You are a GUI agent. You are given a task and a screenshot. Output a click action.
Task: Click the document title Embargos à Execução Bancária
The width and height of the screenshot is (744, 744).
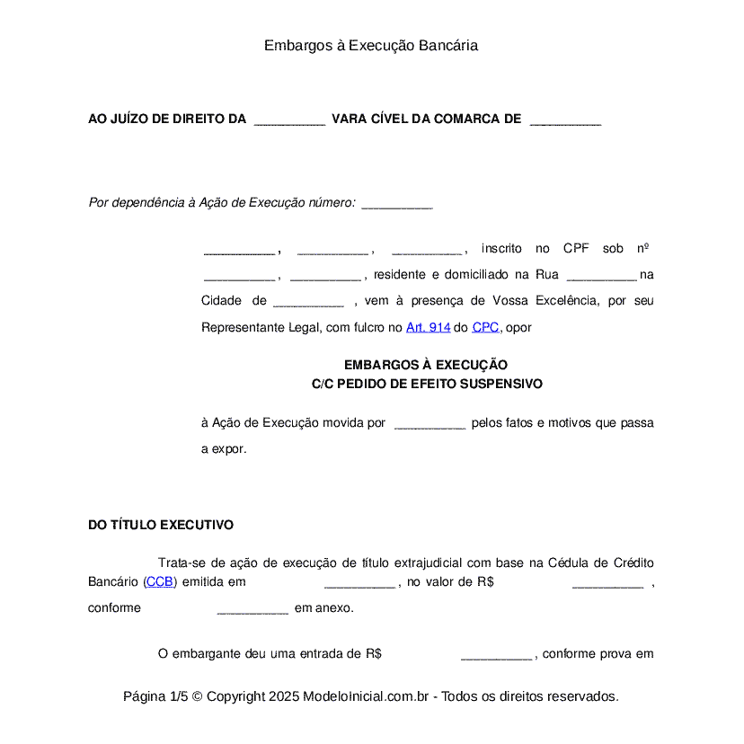click(371, 45)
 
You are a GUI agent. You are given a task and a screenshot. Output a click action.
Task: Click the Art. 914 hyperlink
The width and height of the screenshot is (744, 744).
click(428, 328)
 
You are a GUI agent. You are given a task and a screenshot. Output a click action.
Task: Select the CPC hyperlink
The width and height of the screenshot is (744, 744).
click(485, 328)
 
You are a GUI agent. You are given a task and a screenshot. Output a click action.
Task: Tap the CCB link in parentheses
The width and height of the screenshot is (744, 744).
click(160, 581)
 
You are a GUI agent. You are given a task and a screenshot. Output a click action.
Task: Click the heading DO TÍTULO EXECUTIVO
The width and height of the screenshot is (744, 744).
click(161, 525)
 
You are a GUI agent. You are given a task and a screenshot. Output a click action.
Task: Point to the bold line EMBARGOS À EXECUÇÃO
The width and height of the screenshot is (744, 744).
click(426, 365)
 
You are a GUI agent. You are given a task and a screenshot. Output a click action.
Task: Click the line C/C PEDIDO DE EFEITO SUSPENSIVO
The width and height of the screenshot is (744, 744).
click(427, 383)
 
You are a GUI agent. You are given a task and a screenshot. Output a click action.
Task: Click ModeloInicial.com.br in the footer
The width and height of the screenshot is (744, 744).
click(368, 696)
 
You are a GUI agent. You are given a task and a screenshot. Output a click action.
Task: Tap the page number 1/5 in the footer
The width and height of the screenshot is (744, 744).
click(178, 696)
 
